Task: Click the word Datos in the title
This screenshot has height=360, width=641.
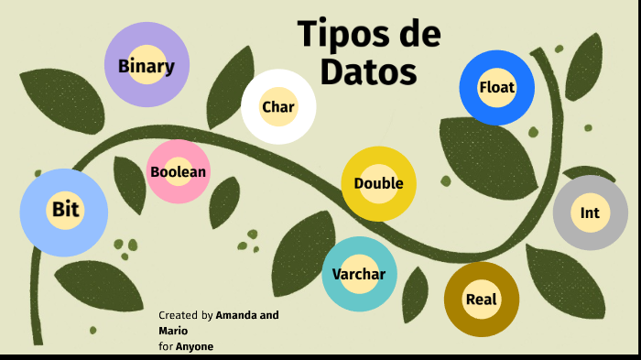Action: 368,71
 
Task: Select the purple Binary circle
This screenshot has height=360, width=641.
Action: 147,65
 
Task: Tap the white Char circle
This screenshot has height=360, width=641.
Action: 278,107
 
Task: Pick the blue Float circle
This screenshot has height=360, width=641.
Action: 496,88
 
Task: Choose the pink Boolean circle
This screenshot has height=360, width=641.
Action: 179,171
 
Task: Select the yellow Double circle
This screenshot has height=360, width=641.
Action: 378,183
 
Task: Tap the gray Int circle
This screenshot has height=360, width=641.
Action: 590,213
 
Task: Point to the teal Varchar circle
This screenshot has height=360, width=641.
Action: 358,273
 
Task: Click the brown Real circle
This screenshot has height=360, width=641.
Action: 481,300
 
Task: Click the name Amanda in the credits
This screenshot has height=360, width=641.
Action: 237,315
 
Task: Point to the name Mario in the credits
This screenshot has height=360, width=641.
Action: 173,330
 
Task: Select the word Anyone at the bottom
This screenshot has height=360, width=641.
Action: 194,346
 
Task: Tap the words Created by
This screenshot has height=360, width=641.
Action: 186,315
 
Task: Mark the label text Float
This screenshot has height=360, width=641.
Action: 496,88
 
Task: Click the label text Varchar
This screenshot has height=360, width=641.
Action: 358,273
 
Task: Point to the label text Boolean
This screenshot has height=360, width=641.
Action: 179,171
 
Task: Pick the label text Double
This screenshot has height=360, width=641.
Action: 378,183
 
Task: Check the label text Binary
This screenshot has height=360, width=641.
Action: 147,66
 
